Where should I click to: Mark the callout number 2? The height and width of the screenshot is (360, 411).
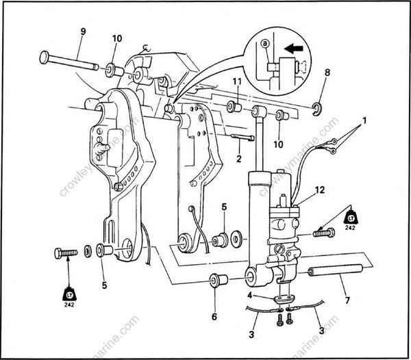tap(239, 159)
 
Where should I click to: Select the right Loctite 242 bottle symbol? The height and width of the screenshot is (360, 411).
tap(351, 218)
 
